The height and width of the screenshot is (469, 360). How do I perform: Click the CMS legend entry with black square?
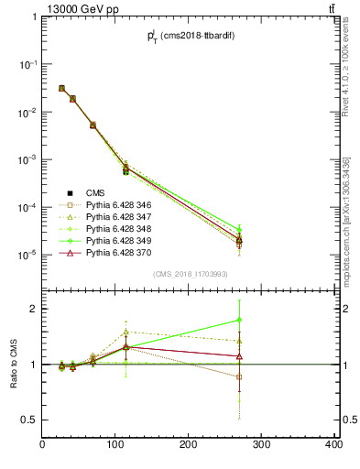coord(96,193)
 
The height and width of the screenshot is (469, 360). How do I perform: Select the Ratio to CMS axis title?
coord(14,363)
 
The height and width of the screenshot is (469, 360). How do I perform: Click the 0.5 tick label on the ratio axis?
coord(28,420)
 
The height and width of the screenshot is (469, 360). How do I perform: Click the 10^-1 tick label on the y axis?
coord(27,64)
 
